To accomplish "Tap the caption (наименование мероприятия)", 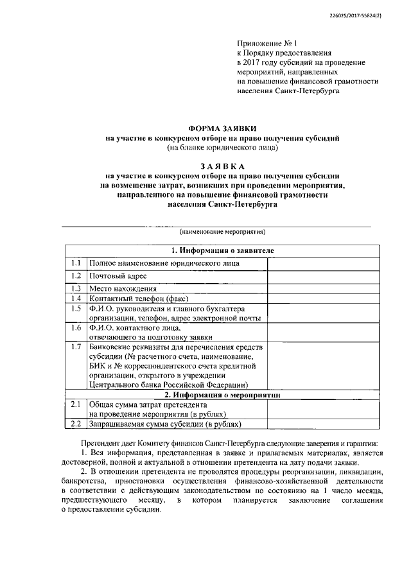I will [222, 232].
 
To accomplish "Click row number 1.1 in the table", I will [75, 263].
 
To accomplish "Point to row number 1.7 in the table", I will [75, 347].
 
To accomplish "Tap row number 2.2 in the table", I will [75, 424].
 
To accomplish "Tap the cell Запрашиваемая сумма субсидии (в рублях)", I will [165, 424].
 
